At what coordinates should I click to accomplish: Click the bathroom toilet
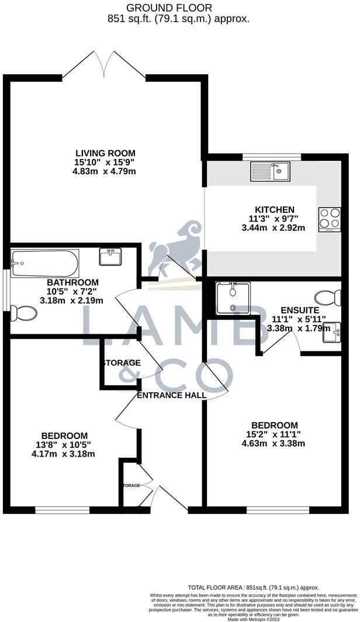[x=23, y=313]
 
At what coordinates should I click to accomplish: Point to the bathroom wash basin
[x=109, y=257]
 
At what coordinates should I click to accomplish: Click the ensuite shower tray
[x=233, y=298]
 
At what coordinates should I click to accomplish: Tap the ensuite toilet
[x=328, y=298]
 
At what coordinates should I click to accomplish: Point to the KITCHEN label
[x=274, y=210]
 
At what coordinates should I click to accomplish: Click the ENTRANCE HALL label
[x=171, y=395]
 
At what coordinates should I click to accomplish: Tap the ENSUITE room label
[x=300, y=310]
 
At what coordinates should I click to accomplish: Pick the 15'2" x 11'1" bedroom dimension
[x=274, y=434]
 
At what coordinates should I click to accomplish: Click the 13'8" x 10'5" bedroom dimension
[x=64, y=445]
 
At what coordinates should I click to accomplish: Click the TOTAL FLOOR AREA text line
[x=254, y=586]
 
